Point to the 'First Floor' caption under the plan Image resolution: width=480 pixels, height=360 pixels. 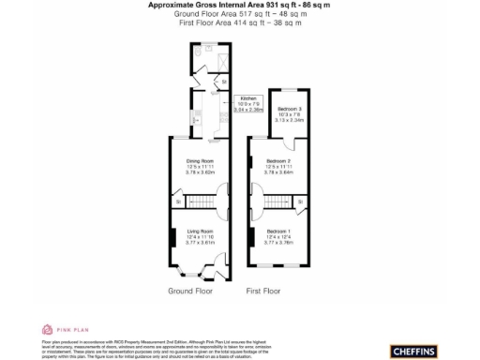tap(263, 291)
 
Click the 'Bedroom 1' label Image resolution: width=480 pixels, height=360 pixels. tap(278, 231)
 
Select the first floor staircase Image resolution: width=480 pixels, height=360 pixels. tap(277, 202)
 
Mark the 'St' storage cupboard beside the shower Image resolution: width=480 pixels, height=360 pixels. tap(223, 82)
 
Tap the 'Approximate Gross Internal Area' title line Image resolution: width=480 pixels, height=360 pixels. tap(239, 5)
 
